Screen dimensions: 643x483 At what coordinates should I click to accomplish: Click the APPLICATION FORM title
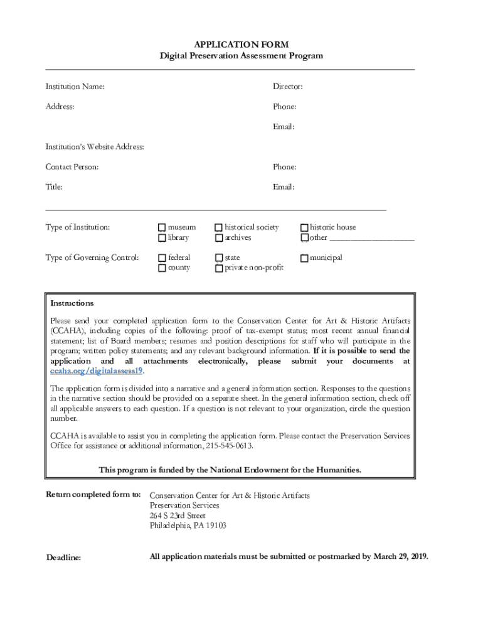click(242, 45)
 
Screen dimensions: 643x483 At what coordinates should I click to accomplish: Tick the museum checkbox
click(162, 227)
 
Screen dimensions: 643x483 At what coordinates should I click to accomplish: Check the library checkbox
click(162, 238)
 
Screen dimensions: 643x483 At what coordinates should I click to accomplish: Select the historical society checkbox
click(219, 227)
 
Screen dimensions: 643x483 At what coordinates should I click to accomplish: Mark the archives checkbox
click(219, 238)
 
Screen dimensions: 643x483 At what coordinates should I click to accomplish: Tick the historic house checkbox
click(304, 227)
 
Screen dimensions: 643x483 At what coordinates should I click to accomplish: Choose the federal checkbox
click(162, 258)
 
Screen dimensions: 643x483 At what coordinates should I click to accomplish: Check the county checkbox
click(162, 268)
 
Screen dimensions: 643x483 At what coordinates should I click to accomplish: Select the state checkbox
click(219, 258)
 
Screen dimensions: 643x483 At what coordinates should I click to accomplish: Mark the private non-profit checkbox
click(219, 268)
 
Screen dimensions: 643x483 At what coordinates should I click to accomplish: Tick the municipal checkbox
click(304, 258)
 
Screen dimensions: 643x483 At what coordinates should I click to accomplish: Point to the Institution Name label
click(75, 87)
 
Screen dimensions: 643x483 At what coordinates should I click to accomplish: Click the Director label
click(287, 87)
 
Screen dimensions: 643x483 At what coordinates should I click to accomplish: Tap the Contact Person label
click(72, 167)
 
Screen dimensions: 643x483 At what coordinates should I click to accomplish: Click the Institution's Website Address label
click(95, 147)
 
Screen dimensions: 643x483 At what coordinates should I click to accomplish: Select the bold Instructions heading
click(72, 303)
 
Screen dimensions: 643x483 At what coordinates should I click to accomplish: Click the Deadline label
click(64, 558)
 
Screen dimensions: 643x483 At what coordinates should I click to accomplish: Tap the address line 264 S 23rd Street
click(178, 516)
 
